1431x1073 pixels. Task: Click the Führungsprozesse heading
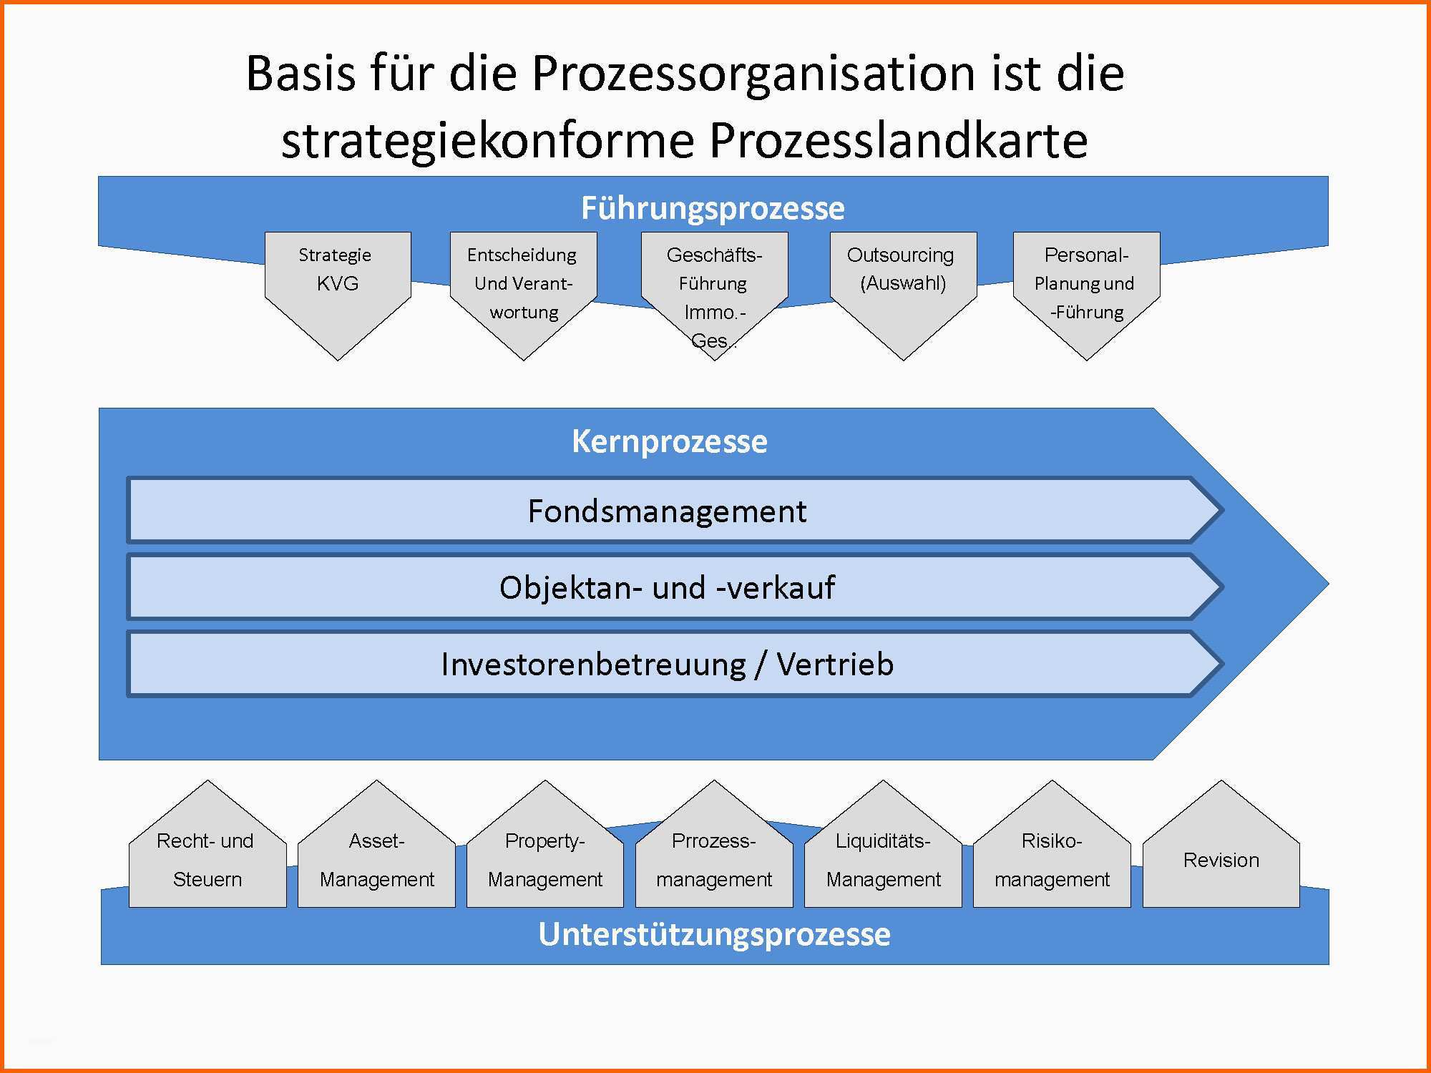(713, 208)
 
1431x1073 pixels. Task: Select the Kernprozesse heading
(669, 441)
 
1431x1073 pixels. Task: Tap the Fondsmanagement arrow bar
(667, 511)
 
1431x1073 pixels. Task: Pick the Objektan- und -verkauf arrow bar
(667, 587)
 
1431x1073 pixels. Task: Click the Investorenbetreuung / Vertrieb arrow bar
(667, 664)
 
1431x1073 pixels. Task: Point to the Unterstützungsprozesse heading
(714, 934)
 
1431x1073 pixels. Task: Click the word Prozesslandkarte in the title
(898, 139)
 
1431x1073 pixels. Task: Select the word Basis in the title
(300, 73)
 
